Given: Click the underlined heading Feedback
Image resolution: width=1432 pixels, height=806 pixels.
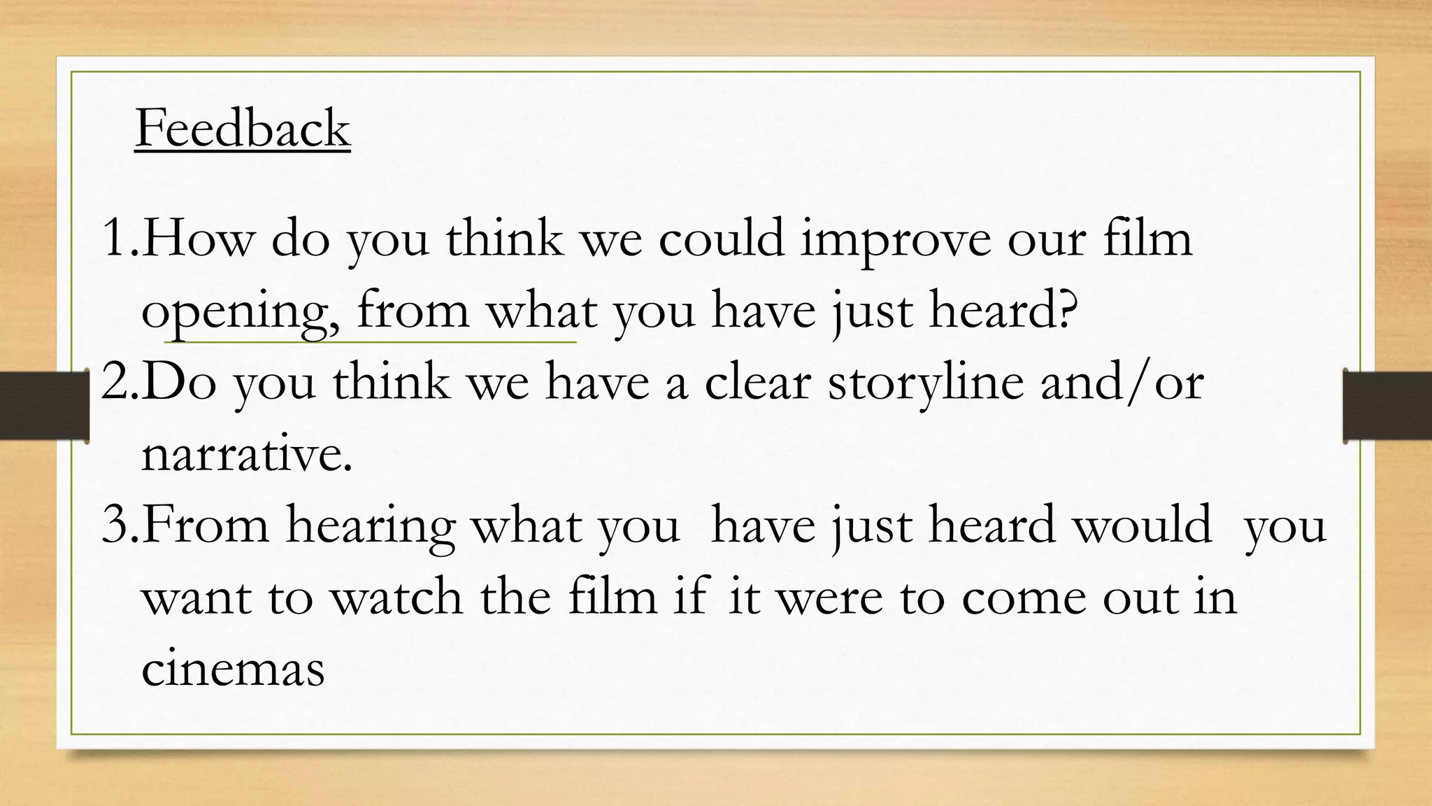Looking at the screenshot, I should pyautogui.click(x=243, y=128).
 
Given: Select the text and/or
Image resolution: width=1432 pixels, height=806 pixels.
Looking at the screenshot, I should pyautogui.click(x=1122, y=383).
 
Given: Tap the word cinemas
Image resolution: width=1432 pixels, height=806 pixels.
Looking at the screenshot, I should pyautogui.click(x=233, y=669).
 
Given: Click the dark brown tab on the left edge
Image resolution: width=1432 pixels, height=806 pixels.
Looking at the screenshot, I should pyautogui.click(x=43, y=406).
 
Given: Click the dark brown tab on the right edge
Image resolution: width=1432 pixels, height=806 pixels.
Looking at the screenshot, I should pyautogui.click(x=1388, y=406).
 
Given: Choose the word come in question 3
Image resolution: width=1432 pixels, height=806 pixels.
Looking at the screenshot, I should pyautogui.click(x=1024, y=598).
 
